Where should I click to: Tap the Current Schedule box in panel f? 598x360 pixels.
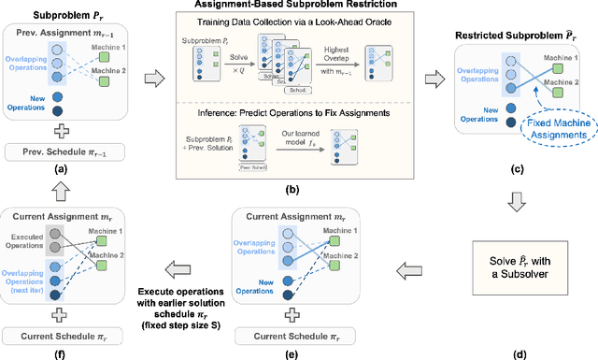(72, 332)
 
